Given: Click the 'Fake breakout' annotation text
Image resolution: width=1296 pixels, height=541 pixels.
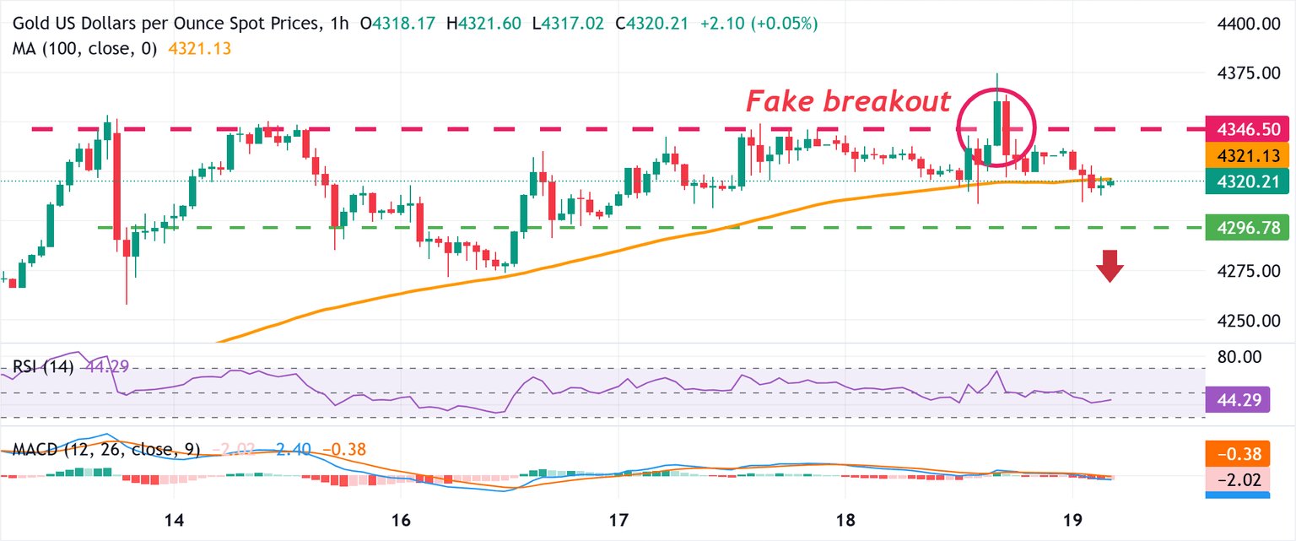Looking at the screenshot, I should coord(847,101).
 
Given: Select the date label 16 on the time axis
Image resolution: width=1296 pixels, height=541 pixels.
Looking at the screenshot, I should coord(401,518).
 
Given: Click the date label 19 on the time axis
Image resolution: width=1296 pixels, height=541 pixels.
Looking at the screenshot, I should coord(1071,518).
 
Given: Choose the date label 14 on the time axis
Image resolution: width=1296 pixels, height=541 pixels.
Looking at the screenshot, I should coord(175,518).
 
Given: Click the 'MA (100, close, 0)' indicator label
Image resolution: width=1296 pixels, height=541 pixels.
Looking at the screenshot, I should coord(84,49).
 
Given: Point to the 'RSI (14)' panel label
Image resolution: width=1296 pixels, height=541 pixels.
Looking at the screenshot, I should coord(43,366).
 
